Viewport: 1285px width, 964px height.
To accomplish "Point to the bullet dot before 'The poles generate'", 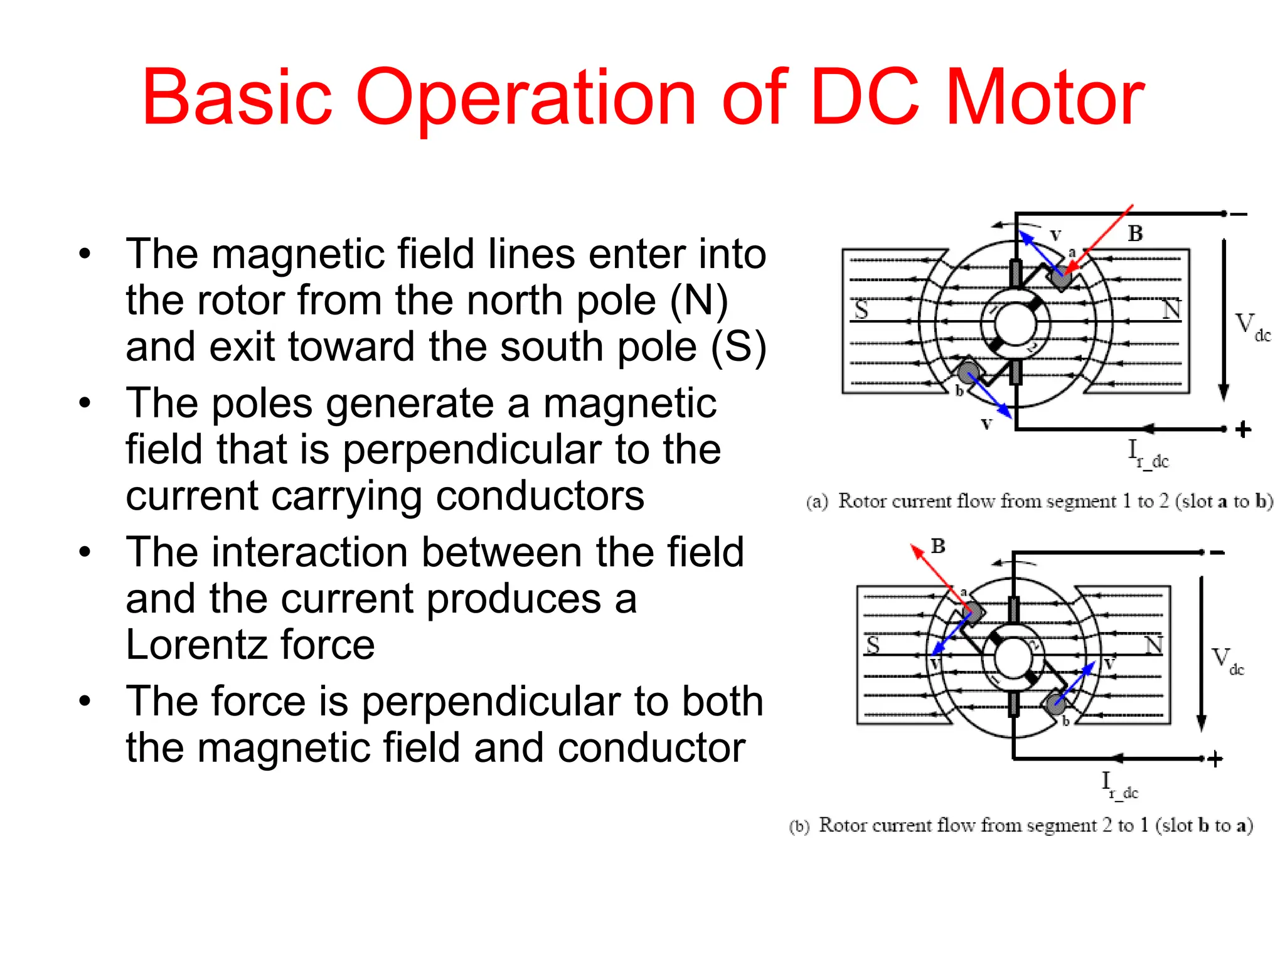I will (x=85, y=403).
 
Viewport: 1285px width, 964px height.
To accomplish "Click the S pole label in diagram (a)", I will (x=861, y=309).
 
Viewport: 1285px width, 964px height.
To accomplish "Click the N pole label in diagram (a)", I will (x=1171, y=309).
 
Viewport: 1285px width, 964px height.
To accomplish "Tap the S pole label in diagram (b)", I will (x=873, y=645).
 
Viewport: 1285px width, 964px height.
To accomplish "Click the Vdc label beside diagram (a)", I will (x=1252, y=326).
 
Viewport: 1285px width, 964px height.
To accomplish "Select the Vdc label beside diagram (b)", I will (x=1227, y=661).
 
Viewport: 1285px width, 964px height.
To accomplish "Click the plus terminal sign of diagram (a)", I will (x=1243, y=430).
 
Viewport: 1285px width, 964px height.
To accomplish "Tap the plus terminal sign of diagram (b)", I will (x=1215, y=759).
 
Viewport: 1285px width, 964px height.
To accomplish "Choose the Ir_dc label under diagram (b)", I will (x=1119, y=785).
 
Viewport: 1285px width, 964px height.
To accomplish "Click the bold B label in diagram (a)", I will (x=1135, y=233).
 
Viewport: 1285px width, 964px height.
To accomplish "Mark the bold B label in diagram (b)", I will (x=938, y=546).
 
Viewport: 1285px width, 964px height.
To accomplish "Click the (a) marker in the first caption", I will (x=817, y=502).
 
